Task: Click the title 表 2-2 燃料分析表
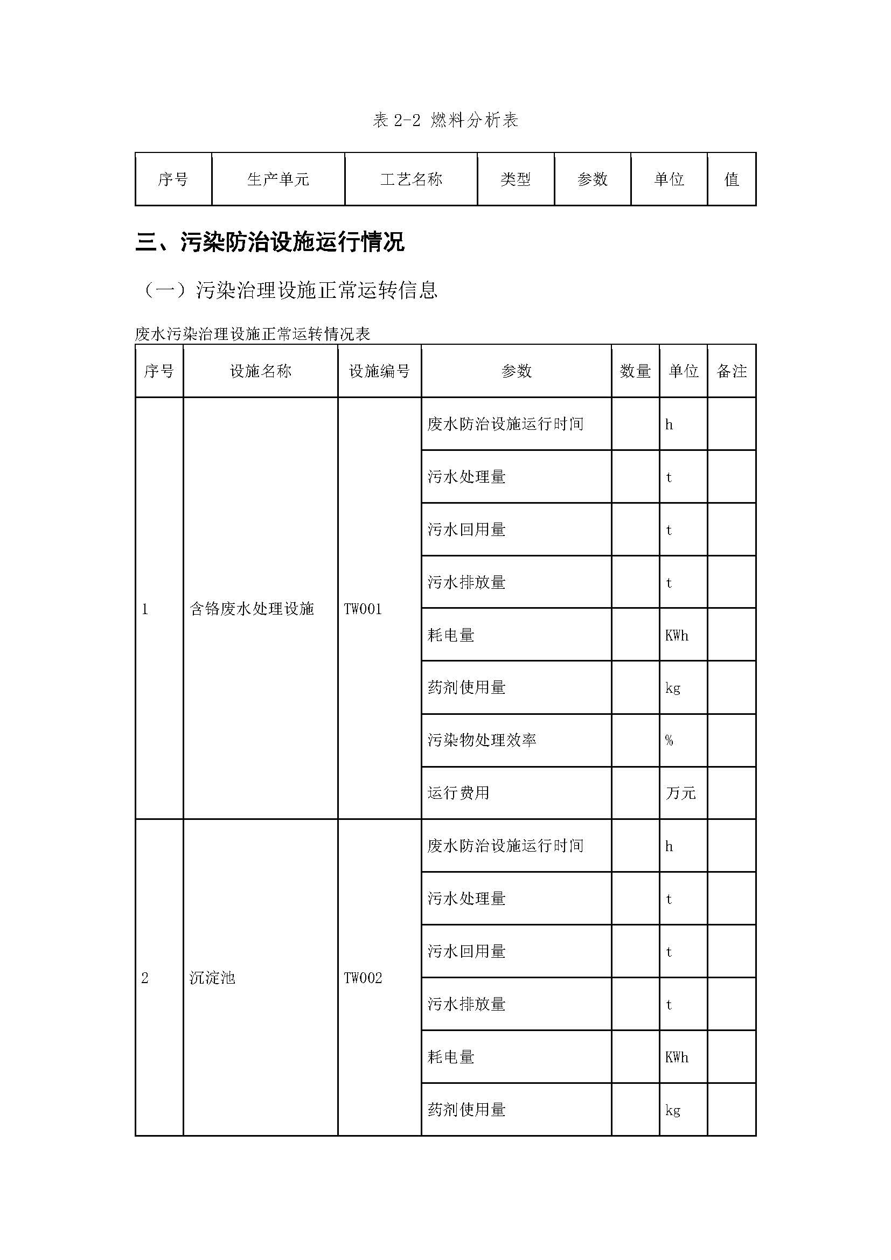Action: point(445,120)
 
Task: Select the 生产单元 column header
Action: point(278,179)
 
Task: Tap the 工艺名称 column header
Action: point(411,179)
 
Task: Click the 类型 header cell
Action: point(515,179)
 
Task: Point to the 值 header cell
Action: point(732,179)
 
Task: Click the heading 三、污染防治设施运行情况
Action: point(270,242)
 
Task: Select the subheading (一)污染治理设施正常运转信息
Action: point(289,290)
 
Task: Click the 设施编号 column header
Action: point(379,372)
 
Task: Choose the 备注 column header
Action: point(732,372)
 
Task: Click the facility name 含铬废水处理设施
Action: point(252,609)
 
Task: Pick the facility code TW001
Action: point(363,609)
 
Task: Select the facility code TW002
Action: point(363,978)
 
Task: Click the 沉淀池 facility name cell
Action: point(212,978)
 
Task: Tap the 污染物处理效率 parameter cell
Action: point(482,740)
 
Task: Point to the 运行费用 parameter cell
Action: point(458,793)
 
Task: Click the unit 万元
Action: point(680,793)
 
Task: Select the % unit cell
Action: point(670,740)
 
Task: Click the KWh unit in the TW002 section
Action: point(677,1057)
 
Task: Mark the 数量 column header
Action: point(635,372)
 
